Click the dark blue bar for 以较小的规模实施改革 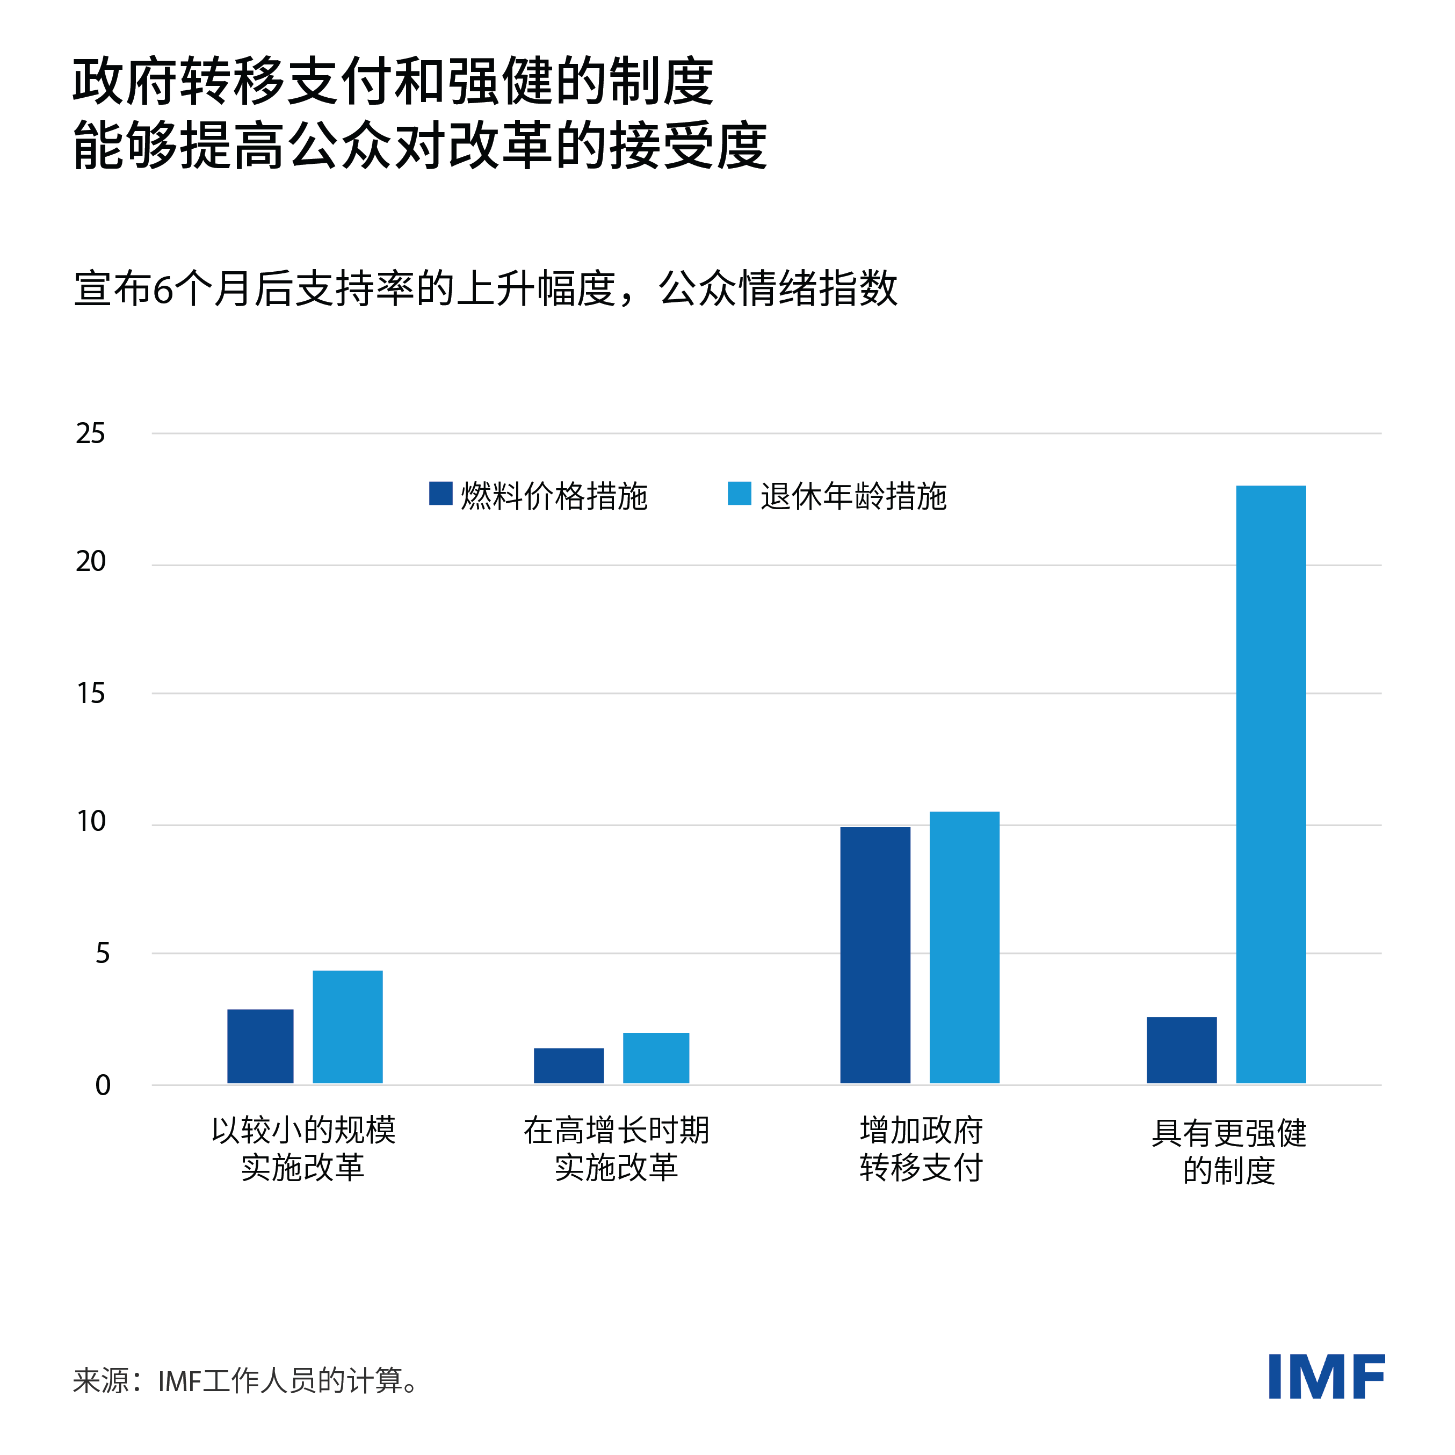260,1046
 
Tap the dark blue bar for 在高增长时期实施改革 569,1066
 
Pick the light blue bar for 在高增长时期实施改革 656,1058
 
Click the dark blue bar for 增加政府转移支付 875,955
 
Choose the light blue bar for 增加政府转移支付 964,947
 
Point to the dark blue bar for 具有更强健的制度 1182,1050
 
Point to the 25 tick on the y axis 90,434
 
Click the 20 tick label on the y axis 90,562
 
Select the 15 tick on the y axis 90,693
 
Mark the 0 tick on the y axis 103,1085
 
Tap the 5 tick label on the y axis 103,953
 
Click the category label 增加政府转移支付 921,1149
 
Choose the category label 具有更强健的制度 1228,1152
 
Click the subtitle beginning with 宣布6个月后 486,288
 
